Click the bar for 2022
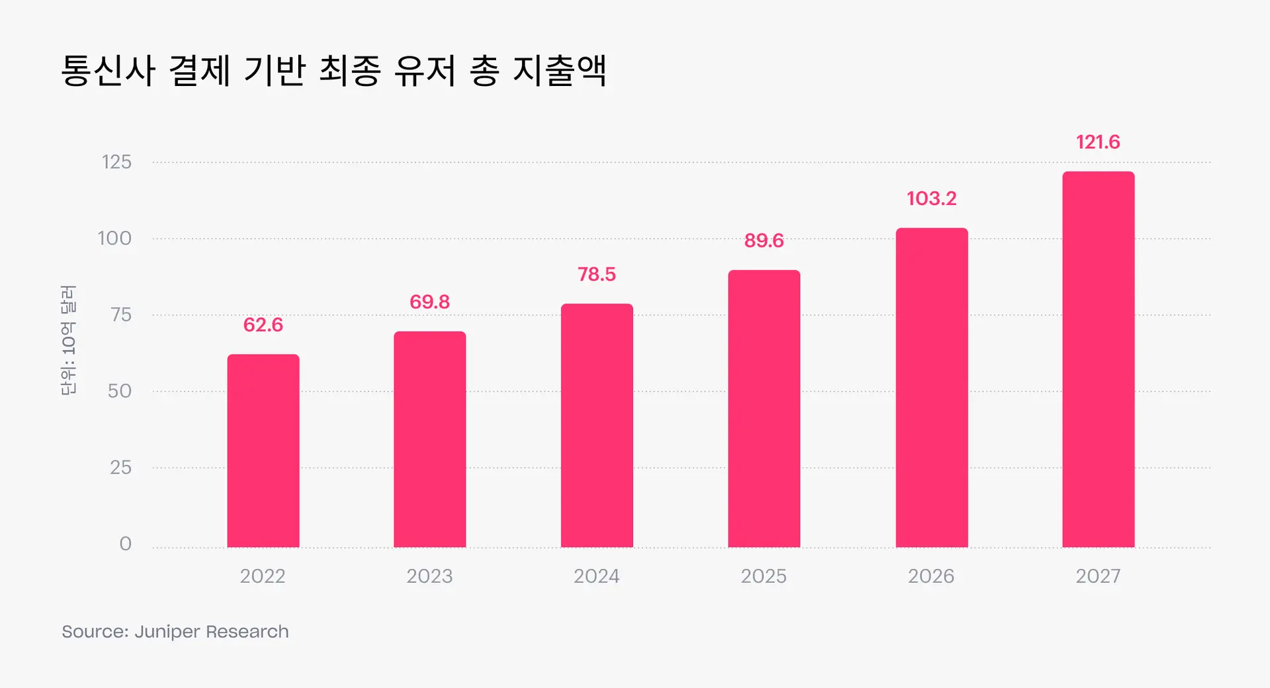(x=263, y=451)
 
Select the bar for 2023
(x=430, y=439)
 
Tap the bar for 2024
(x=597, y=425)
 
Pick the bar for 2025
(x=764, y=409)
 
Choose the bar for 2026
(x=931, y=388)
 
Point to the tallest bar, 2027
(x=1098, y=359)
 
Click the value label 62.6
(x=263, y=325)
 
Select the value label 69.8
(x=430, y=302)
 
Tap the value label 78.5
(x=597, y=274)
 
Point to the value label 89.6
(x=764, y=240)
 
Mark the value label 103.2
(x=931, y=198)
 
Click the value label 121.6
(x=1098, y=142)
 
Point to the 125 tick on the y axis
(x=116, y=162)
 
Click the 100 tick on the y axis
(x=114, y=238)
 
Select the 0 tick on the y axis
(x=125, y=544)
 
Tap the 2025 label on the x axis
(x=763, y=576)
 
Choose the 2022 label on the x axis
(x=263, y=576)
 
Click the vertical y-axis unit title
(x=68, y=340)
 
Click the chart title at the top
(x=334, y=70)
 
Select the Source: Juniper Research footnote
(x=175, y=632)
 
